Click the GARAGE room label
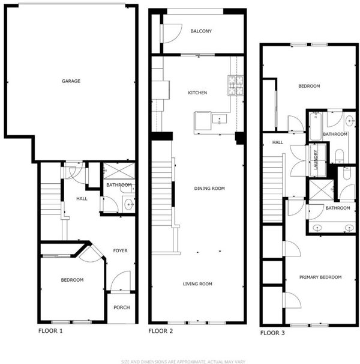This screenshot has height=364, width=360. pyautogui.click(x=71, y=81)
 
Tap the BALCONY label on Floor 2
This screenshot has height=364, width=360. pyautogui.click(x=201, y=31)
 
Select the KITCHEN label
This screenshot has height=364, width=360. pyautogui.click(x=197, y=93)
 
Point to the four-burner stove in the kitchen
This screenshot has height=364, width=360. pyautogui.click(x=236, y=85)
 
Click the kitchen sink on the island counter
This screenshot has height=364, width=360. pyautogui.click(x=220, y=119)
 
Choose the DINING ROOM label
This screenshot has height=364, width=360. pyautogui.click(x=209, y=188)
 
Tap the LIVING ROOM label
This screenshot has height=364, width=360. pyautogui.click(x=197, y=284)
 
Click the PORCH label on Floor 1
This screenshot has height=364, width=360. pyautogui.click(x=122, y=308)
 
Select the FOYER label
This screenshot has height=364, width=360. pyautogui.click(x=120, y=250)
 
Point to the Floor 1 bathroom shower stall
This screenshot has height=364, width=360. pyautogui.click(x=119, y=171)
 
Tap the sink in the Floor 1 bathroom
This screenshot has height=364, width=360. pyautogui.click(x=129, y=204)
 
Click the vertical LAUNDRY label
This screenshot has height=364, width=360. pyautogui.click(x=316, y=160)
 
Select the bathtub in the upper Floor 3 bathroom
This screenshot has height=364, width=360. pyautogui.click(x=316, y=126)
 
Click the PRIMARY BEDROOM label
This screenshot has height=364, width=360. pyautogui.click(x=320, y=277)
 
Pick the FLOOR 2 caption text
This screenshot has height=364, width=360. pyautogui.click(x=161, y=331)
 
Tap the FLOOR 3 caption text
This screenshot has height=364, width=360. pyautogui.click(x=272, y=333)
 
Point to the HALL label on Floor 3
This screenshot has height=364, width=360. pyautogui.click(x=277, y=142)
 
